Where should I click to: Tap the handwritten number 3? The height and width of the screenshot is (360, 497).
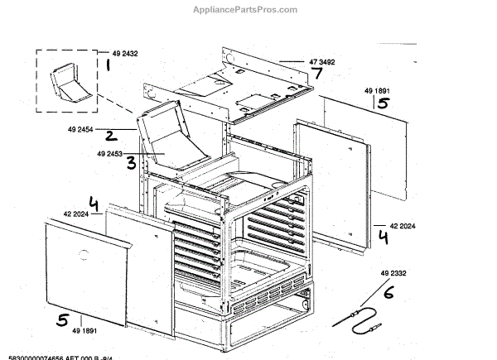[x=131, y=162]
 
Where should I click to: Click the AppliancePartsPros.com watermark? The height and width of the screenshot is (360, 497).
[x=248, y=10]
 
